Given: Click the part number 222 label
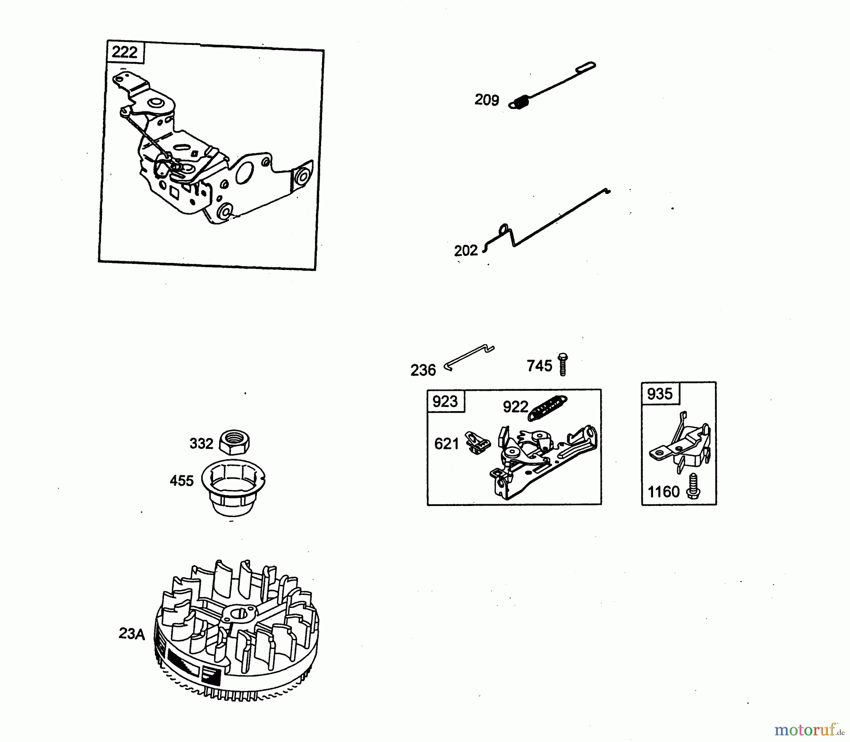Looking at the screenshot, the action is [124, 52].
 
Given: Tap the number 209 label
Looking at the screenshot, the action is [487, 100].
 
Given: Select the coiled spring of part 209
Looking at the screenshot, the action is [519, 102].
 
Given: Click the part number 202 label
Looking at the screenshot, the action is [466, 251].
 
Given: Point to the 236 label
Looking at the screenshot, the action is [423, 371].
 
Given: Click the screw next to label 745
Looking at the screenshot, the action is [562, 364].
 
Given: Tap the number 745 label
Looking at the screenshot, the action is [539, 366].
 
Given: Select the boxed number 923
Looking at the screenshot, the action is [445, 401].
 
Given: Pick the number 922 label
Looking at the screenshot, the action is [516, 406].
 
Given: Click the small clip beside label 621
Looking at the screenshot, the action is [478, 443].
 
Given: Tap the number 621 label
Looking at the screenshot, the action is [447, 444].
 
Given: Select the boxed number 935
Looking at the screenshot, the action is [660, 394].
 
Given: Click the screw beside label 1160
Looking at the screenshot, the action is [693, 486].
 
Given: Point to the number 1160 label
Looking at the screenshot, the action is [663, 492].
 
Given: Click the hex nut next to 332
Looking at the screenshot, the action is [235, 442].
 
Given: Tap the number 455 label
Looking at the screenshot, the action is [182, 481].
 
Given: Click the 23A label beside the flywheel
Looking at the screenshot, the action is [132, 633].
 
